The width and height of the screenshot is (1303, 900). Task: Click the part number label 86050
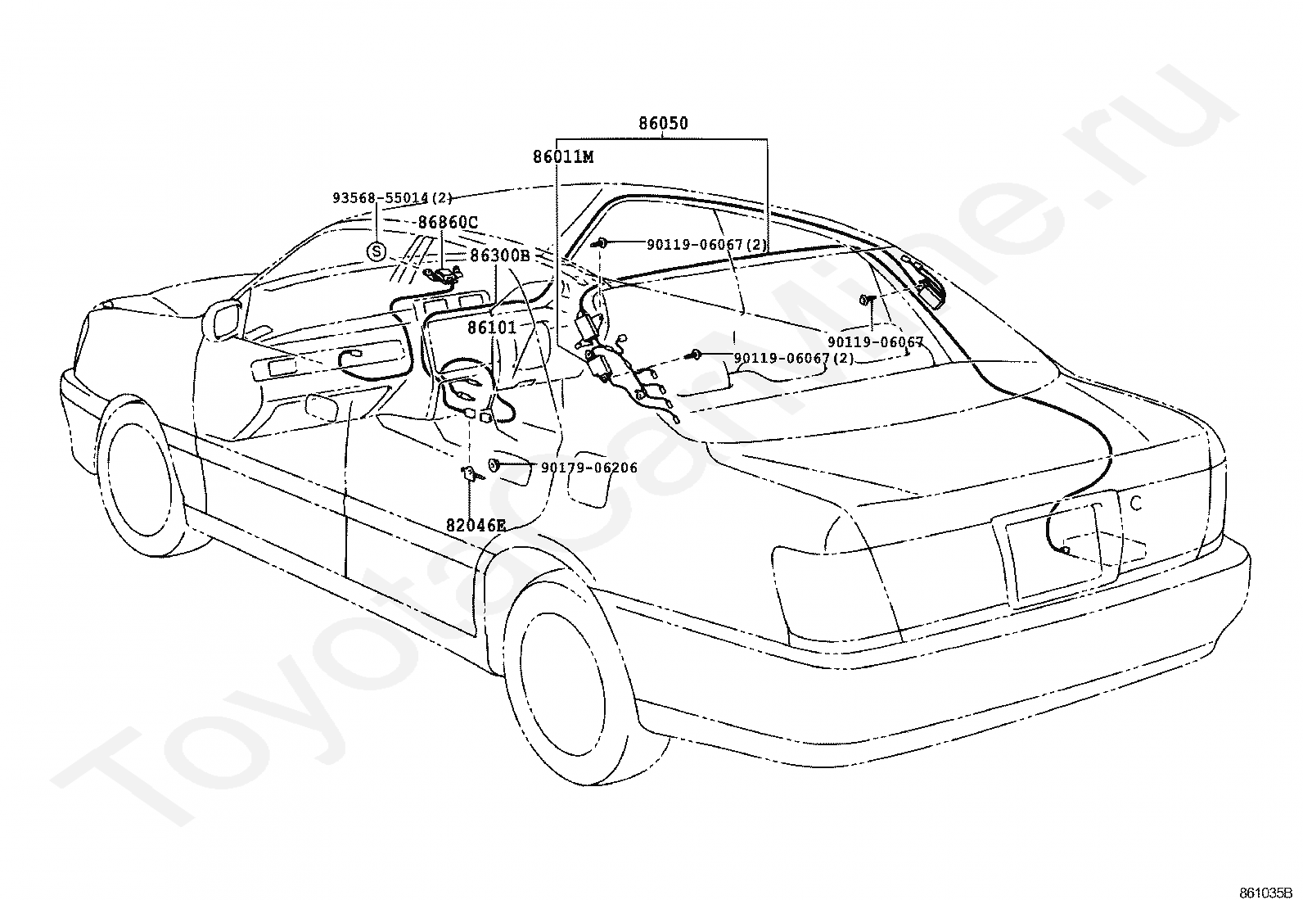pos(663,124)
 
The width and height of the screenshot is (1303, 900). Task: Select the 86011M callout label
pos(563,157)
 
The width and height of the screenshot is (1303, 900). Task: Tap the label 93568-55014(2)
pos(392,198)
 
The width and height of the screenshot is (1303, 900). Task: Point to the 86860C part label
pos(448,223)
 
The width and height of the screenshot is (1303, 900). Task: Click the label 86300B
pos(500,256)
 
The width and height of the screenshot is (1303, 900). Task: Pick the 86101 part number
pos(492,328)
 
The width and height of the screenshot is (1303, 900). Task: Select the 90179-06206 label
pos(589,468)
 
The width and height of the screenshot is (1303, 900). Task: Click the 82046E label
pos(476,525)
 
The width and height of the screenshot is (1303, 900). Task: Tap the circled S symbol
pos(376,252)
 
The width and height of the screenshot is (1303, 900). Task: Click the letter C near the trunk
pos(1135,504)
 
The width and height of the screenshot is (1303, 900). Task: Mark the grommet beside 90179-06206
pos(494,465)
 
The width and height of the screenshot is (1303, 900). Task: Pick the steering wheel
pos(466,388)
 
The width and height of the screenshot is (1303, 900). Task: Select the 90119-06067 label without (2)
pos(876,341)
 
